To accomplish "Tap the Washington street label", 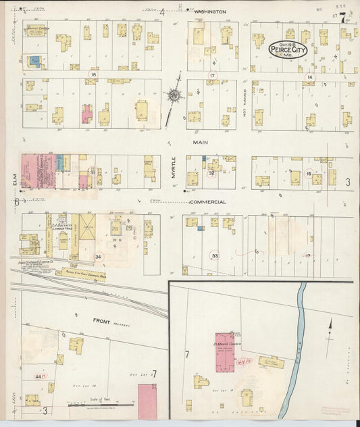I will click(209, 12).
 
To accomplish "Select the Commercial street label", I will click(207, 202).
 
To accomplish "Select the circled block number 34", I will click(98, 257).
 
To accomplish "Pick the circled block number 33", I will click(215, 256).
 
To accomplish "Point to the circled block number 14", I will click(309, 78).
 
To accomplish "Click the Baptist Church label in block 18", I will click(39, 29).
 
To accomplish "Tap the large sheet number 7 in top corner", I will click(344, 18).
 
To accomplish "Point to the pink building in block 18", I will click(87, 114).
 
